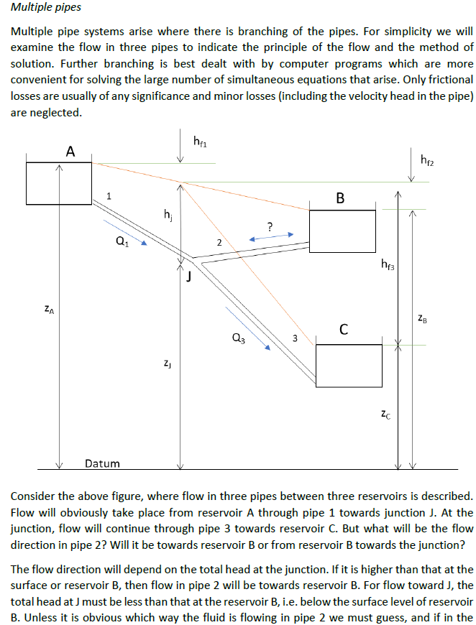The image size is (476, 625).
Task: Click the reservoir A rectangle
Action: point(59,183)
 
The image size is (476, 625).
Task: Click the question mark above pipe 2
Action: point(268,226)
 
